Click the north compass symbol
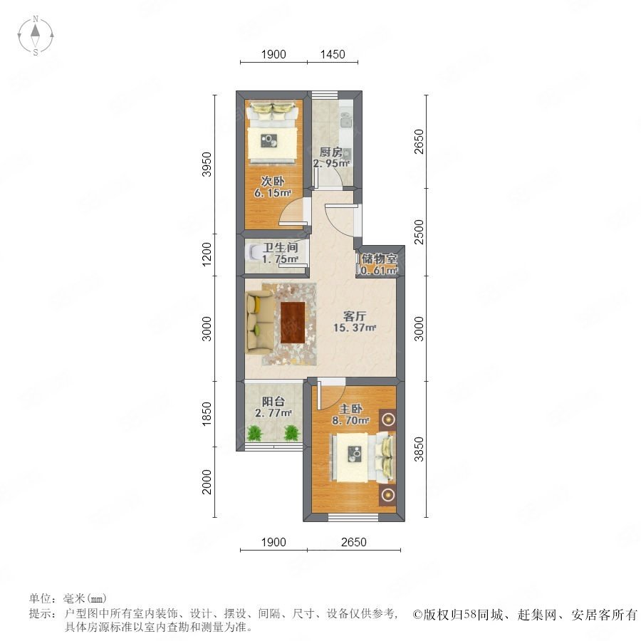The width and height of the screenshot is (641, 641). click(x=36, y=36)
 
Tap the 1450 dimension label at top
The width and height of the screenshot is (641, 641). click(x=333, y=54)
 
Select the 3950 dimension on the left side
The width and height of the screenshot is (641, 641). click(x=207, y=164)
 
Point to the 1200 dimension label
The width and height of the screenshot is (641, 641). click(x=207, y=254)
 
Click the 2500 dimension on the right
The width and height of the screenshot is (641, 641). click(x=419, y=231)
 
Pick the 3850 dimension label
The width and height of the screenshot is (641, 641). click(x=419, y=449)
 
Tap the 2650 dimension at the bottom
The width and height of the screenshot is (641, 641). click(x=353, y=542)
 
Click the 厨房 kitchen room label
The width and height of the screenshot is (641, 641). click(x=330, y=152)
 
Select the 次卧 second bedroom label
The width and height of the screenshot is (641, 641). click(x=273, y=181)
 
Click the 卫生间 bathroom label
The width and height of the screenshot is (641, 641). click(x=281, y=247)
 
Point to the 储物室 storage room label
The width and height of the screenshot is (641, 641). click(x=379, y=259)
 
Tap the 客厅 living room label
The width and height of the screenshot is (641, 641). click(x=355, y=316)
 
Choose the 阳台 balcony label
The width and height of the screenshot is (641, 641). click(x=273, y=402)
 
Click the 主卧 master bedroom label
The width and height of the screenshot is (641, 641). click(x=350, y=409)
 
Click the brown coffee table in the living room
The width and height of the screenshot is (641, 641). click(x=293, y=323)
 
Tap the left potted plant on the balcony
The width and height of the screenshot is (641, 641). click(x=255, y=433)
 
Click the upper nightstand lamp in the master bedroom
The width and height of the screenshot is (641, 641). click(x=387, y=419)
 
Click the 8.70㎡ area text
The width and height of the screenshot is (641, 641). click(x=350, y=420)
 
